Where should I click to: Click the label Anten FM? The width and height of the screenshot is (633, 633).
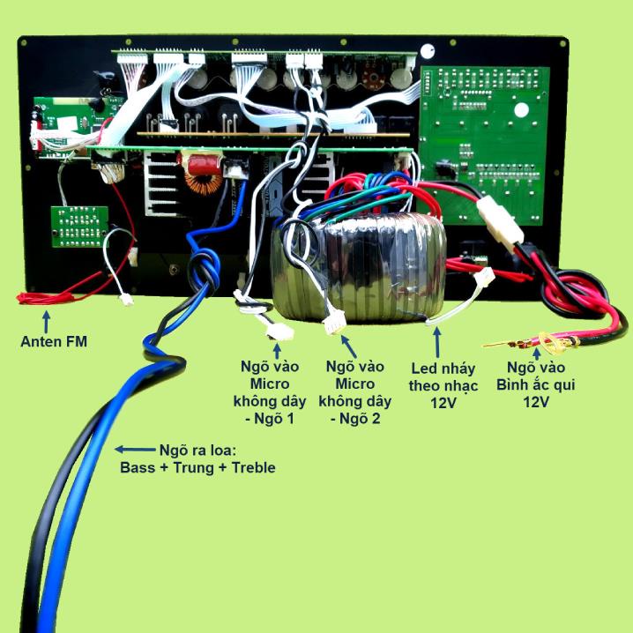[x=54, y=341]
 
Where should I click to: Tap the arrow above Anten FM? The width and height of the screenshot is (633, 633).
[x=47, y=321]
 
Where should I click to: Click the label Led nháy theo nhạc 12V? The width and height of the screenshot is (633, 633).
[x=443, y=385]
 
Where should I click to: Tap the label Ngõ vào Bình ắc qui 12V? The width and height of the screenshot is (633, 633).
[x=536, y=384]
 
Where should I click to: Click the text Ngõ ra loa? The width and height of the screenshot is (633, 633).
[x=197, y=450]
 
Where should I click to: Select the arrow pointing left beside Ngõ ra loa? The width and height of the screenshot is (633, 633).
[x=135, y=449]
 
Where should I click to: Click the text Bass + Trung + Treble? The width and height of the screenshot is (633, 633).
[x=197, y=467]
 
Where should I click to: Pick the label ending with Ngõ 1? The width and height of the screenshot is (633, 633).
[x=270, y=392]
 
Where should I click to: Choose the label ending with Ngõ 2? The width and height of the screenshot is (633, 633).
[x=355, y=392]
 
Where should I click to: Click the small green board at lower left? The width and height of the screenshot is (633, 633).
[x=79, y=227]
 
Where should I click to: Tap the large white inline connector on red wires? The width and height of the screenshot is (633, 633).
[x=501, y=222]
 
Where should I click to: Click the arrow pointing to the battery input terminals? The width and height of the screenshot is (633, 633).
[x=537, y=354]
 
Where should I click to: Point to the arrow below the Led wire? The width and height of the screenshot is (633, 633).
[x=436, y=343]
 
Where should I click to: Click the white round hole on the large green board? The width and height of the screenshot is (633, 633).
[x=521, y=110]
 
